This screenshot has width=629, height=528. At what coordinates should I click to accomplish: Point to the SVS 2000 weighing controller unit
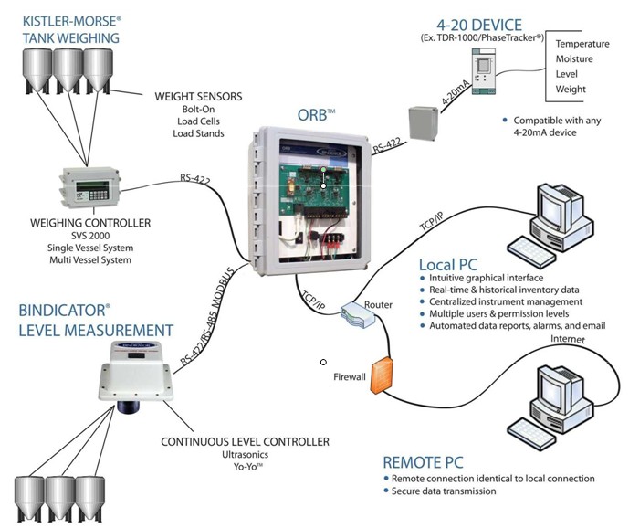pyautogui.click(x=90, y=191)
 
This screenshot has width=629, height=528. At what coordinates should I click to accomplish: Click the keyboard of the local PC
pyautogui.click(x=531, y=248)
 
